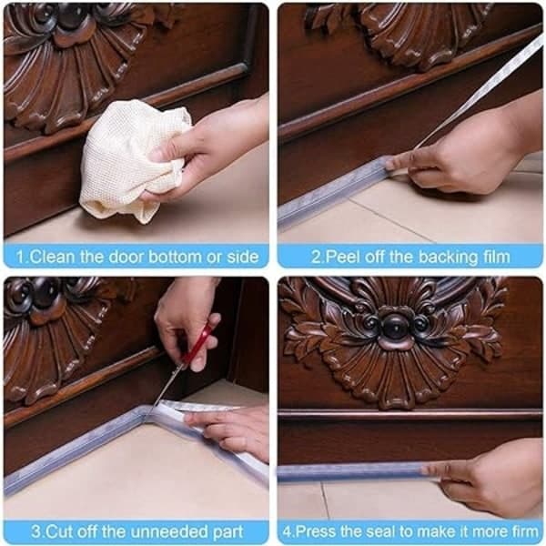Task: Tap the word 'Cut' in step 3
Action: (x=58, y=531)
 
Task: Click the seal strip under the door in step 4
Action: (x=351, y=471)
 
